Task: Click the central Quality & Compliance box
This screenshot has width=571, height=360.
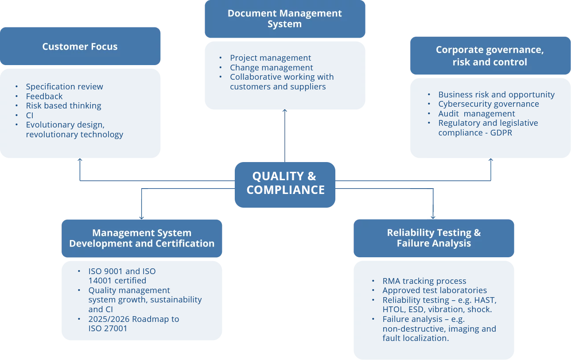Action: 285,183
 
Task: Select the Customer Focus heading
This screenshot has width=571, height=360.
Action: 80,46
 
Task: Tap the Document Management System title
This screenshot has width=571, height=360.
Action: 284,19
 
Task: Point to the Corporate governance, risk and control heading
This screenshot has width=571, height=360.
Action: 490,56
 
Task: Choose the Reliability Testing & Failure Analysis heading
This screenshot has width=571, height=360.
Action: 434,238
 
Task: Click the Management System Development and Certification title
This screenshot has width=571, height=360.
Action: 142,238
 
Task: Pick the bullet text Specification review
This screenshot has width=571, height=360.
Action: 64,86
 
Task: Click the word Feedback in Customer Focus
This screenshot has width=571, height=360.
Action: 44,96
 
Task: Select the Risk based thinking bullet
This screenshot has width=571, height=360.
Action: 63,106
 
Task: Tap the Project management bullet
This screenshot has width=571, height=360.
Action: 270,58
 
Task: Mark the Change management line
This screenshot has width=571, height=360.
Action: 271,68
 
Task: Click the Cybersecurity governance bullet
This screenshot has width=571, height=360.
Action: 489,104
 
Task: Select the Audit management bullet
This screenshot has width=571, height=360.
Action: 477,114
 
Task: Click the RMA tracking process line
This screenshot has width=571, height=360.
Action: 424,281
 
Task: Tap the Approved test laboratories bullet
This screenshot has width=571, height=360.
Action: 435,290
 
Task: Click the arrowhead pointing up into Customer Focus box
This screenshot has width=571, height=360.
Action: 80,160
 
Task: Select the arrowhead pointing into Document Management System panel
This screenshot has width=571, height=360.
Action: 285,111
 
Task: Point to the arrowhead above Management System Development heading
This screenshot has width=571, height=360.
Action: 141,217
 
